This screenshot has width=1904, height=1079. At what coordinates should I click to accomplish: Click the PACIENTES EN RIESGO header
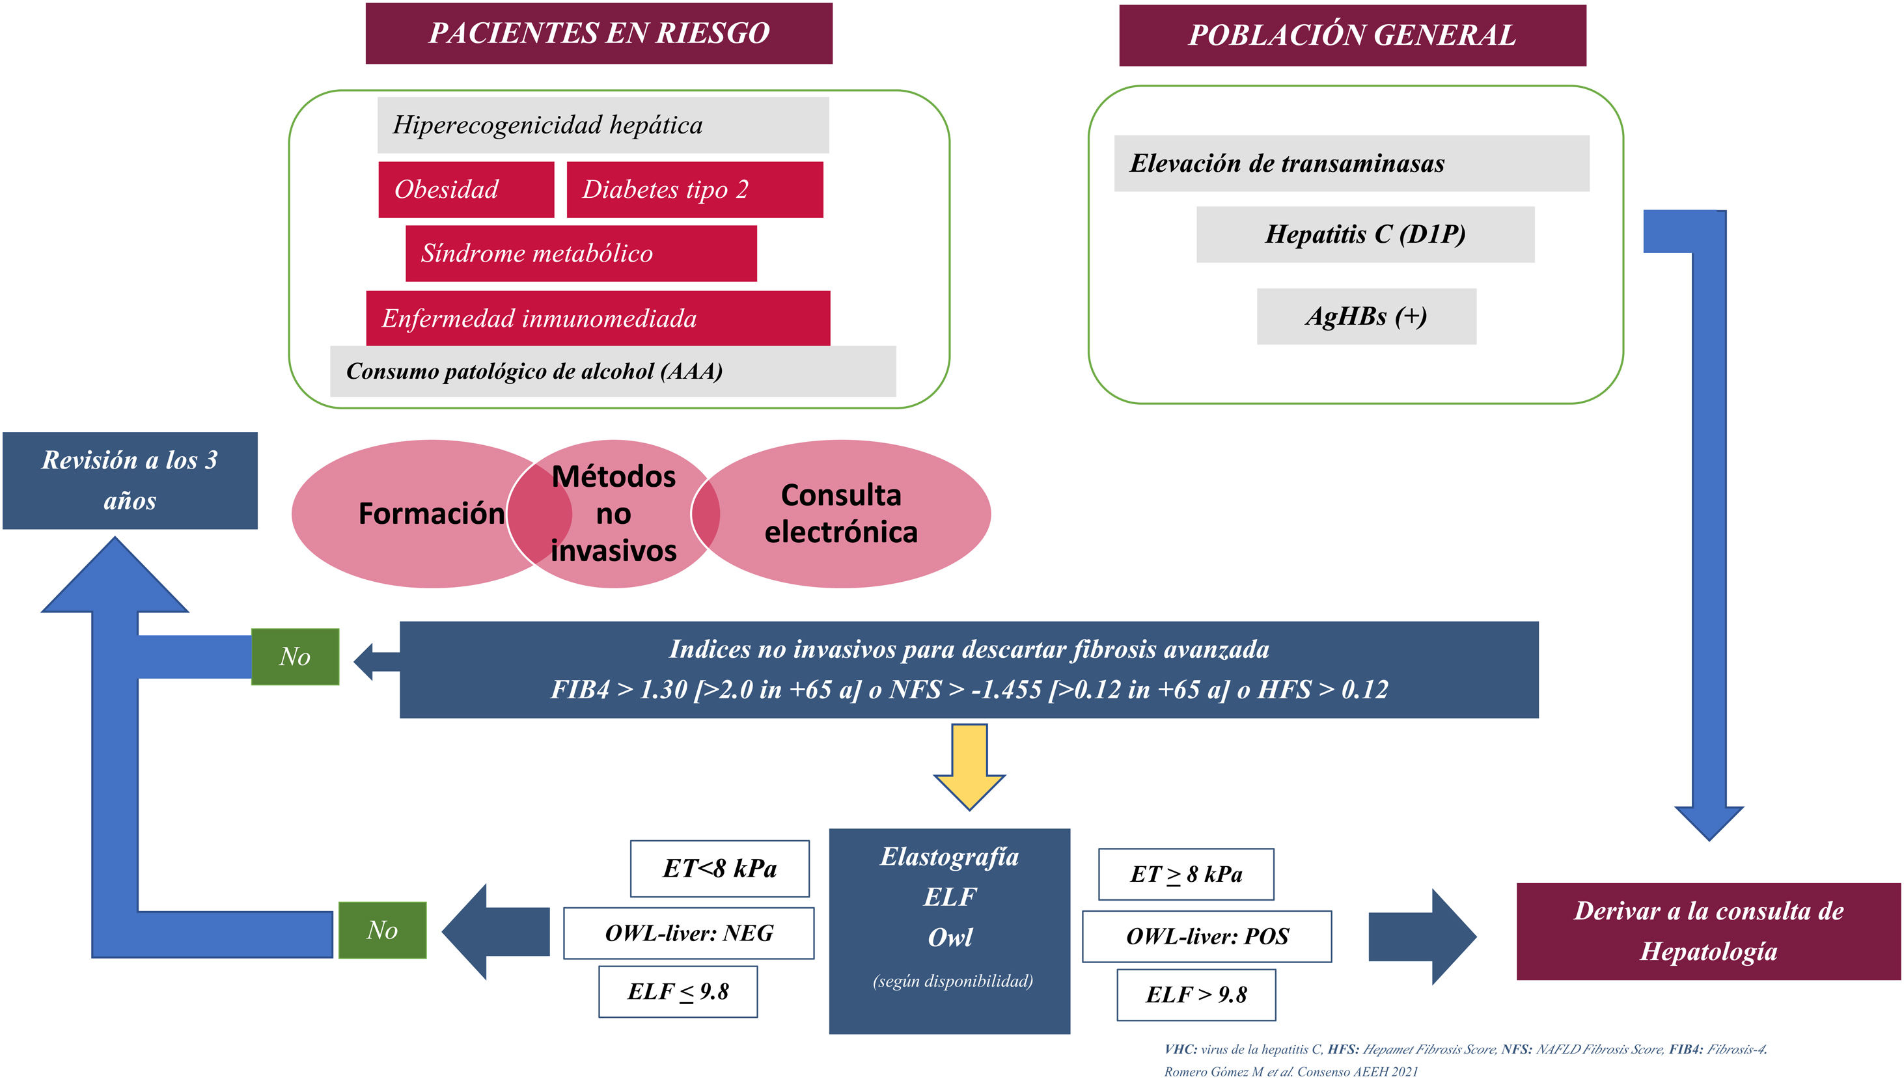pyautogui.click(x=599, y=33)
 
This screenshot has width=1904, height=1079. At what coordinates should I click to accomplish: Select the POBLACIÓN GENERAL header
pyautogui.click(x=1352, y=36)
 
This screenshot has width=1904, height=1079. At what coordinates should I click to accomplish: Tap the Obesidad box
pyautogui.click(x=465, y=190)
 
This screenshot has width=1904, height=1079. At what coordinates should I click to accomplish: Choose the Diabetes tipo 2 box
pyautogui.click(x=695, y=190)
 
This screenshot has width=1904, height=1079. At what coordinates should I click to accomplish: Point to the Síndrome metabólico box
pyautogui.click(x=581, y=253)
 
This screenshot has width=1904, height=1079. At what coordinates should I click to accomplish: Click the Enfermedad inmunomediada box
pyautogui.click(x=598, y=319)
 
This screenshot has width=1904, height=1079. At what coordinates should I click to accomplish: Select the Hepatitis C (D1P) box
pyautogui.click(x=1364, y=234)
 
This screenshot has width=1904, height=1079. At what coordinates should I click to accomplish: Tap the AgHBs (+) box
pyautogui.click(x=1366, y=316)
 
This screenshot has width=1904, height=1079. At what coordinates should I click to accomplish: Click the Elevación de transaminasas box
pyautogui.click(x=1351, y=164)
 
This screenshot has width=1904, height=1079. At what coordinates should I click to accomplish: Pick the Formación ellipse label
pyautogui.click(x=431, y=513)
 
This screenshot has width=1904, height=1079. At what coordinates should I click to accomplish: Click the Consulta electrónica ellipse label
pyautogui.click(x=840, y=513)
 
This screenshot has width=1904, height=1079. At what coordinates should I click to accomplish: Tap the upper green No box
pyautogui.click(x=295, y=657)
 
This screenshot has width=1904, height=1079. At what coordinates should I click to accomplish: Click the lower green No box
pyautogui.click(x=383, y=930)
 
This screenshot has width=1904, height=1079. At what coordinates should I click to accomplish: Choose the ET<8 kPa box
pyautogui.click(x=719, y=869)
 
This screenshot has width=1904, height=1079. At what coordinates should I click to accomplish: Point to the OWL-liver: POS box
pyautogui.click(x=1207, y=936)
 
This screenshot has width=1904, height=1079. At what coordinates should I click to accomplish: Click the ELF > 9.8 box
pyautogui.click(x=1196, y=994)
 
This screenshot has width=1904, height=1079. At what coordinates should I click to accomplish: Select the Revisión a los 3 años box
pyautogui.click(x=130, y=480)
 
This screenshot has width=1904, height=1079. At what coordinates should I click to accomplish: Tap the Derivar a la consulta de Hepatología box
pyautogui.click(x=1708, y=931)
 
